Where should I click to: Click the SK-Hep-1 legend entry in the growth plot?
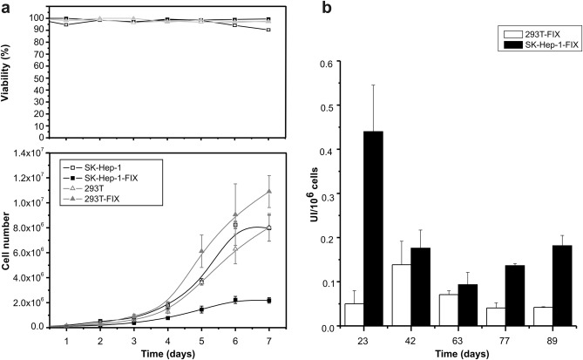pos(105,166)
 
